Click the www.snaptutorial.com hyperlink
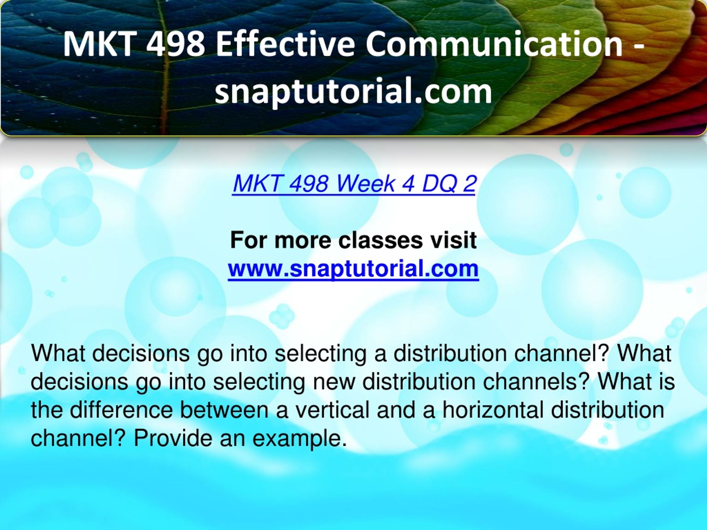(353, 269)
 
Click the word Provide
(173, 438)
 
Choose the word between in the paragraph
(224, 410)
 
